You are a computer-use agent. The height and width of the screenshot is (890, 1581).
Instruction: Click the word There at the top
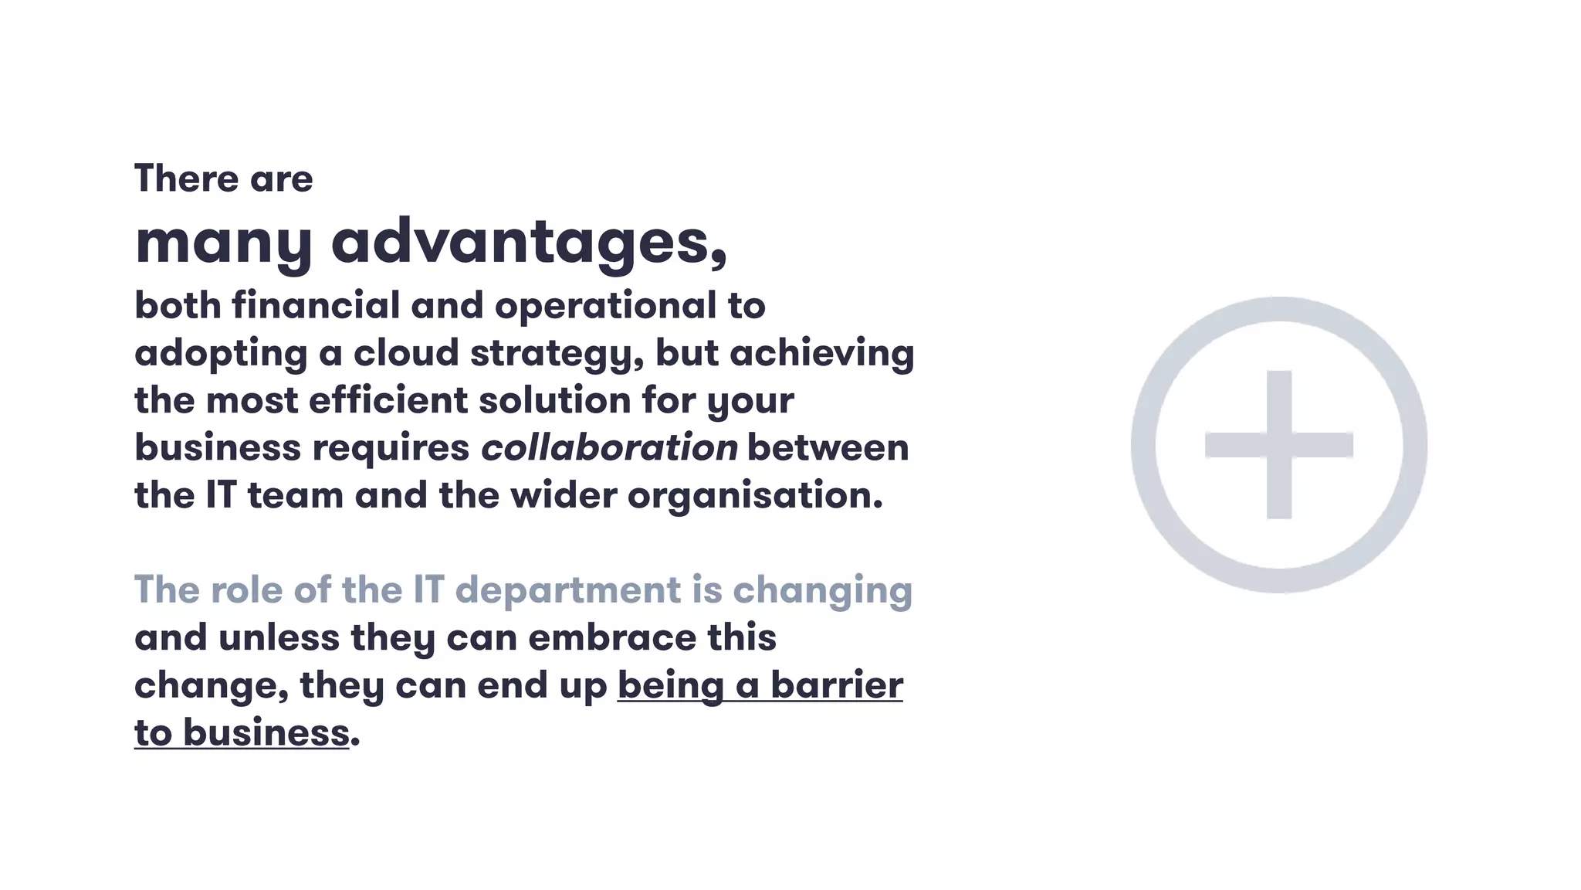pyautogui.click(x=186, y=178)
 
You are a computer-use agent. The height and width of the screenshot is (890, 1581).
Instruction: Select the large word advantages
pyautogui.click(x=529, y=242)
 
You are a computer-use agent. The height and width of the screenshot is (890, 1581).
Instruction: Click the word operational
pyautogui.click(x=605, y=307)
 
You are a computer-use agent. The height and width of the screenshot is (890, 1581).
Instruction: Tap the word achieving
pyautogui.click(x=821, y=354)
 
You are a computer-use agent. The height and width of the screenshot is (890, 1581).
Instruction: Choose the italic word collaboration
pyautogui.click(x=609, y=448)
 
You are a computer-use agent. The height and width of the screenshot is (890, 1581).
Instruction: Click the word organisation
pyautogui.click(x=754, y=496)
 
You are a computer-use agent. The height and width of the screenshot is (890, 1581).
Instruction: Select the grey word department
pyautogui.click(x=567, y=591)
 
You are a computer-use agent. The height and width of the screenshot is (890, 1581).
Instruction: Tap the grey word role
pyautogui.click(x=246, y=590)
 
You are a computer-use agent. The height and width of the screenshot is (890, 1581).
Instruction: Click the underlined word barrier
pyautogui.click(x=837, y=685)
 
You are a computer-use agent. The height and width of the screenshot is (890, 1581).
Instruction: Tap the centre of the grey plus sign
pyautogui.click(x=1279, y=445)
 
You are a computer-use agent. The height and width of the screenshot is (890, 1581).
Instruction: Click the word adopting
pyautogui.click(x=221, y=355)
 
